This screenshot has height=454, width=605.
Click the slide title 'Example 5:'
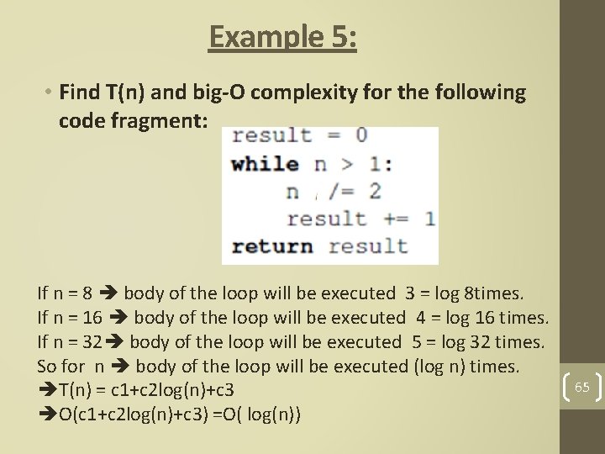283,37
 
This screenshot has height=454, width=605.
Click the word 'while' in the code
265,164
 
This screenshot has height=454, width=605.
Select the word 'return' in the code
271,246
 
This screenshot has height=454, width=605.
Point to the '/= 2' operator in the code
351,191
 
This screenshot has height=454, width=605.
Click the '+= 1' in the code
406,219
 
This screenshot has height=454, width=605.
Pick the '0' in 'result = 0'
360,135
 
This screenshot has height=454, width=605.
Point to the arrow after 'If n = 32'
118,342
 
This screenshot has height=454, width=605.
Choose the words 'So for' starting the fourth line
61,366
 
